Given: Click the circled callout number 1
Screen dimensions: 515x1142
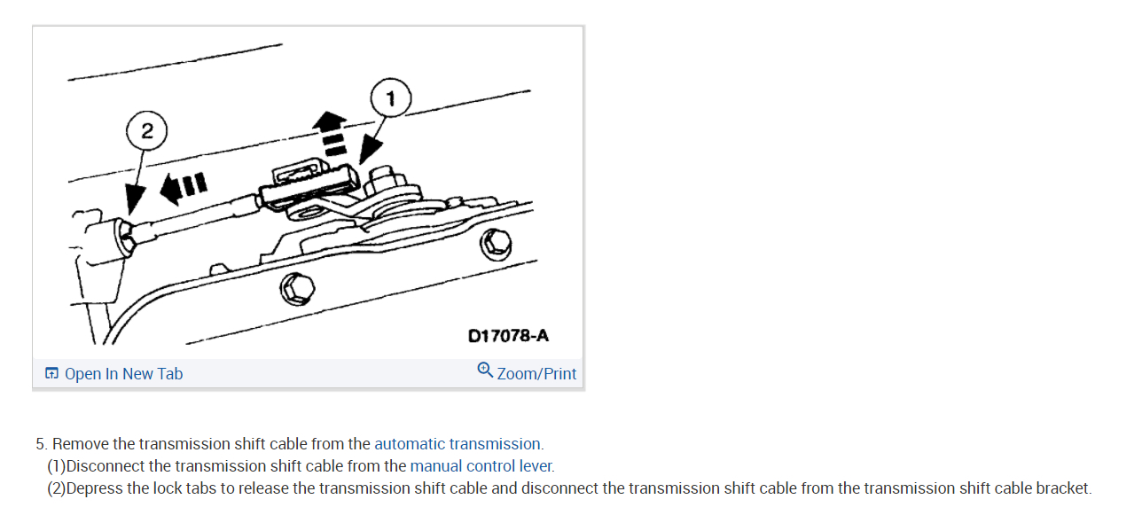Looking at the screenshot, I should pyautogui.click(x=390, y=98).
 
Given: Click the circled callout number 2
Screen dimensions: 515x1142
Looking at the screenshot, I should pyautogui.click(x=147, y=132).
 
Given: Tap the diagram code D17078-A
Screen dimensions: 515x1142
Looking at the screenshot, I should pyautogui.click(x=508, y=336).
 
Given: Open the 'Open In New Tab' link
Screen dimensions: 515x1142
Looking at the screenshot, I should pyautogui.click(x=123, y=374).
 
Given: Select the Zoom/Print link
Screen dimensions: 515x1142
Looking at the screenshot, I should pyautogui.click(x=536, y=374).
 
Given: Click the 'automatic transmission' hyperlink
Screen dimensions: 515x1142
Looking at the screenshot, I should pyautogui.click(x=458, y=444).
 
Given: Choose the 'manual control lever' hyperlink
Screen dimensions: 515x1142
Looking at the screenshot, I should pyautogui.click(x=481, y=466).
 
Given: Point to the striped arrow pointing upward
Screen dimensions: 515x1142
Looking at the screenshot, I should pyautogui.click(x=334, y=133).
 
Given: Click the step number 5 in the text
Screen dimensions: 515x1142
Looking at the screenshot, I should pyautogui.click(x=41, y=444).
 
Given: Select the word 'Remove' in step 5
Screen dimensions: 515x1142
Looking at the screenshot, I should pyautogui.click(x=82, y=444).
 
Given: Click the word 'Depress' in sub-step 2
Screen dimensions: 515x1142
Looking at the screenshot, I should pyautogui.click(x=95, y=488).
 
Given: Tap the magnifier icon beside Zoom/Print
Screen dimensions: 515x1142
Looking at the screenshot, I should pyautogui.click(x=484, y=370).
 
